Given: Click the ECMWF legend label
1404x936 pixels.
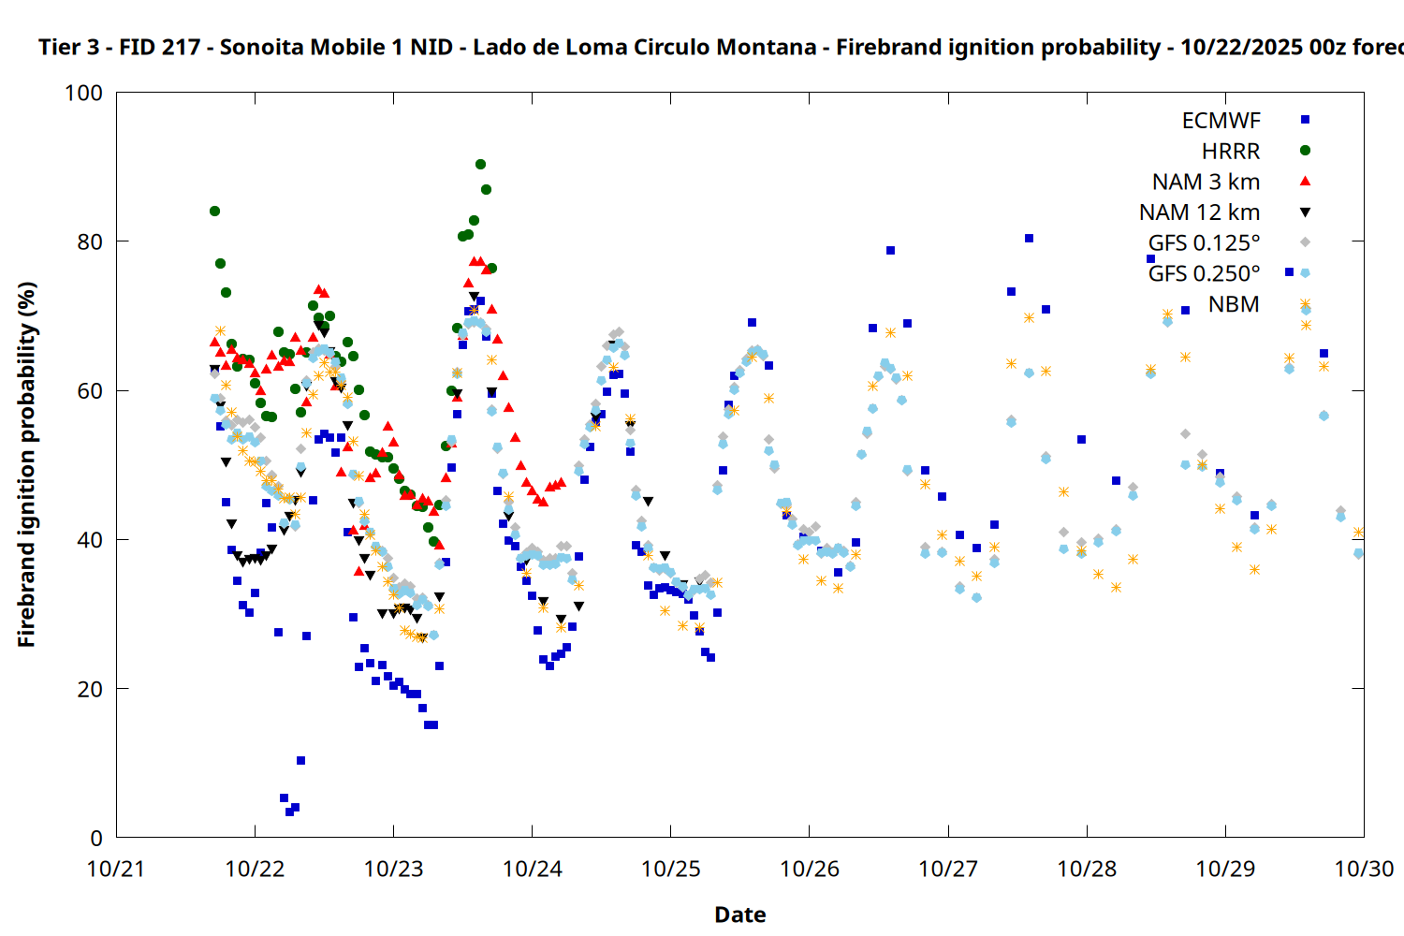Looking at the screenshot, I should (x=1221, y=121).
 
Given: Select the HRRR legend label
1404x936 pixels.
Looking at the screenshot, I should (x=1231, y=152).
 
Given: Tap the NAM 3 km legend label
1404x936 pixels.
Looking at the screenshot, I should (x=1206, y=183).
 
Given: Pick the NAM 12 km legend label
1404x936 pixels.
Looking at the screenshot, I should (x=1199, y=213).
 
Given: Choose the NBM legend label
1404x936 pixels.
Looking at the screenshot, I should (x=1234, y=305).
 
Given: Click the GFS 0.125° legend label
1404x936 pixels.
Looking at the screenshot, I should (x=1204, y=243).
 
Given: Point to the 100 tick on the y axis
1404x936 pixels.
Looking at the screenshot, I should (x=83, y=94).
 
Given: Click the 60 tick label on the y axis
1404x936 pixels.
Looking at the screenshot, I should (x=90, y=391).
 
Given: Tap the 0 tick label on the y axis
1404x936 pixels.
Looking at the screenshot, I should (x=96, y=839).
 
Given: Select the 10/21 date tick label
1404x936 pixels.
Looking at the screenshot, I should (x=116, y=870).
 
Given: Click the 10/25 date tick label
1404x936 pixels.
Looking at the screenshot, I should (x=670, y=870).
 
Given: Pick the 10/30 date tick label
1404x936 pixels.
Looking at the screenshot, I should (x=1364, y=870).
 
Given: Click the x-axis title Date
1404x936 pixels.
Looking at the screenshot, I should (x=739, y=915).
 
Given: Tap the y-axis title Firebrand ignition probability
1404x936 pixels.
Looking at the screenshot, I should (x=26, y=464).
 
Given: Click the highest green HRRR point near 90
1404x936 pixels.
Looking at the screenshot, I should (x=480, y=165).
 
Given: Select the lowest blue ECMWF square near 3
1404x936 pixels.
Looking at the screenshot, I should (x=289, y=812).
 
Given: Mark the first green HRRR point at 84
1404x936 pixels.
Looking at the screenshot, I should (x=214, y=212).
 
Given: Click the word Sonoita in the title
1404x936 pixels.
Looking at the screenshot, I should (x=261, y=48).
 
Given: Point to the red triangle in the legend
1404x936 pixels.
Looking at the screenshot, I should (x=1305, y=182).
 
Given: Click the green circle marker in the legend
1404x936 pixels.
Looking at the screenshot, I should (x=1305, y=151).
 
